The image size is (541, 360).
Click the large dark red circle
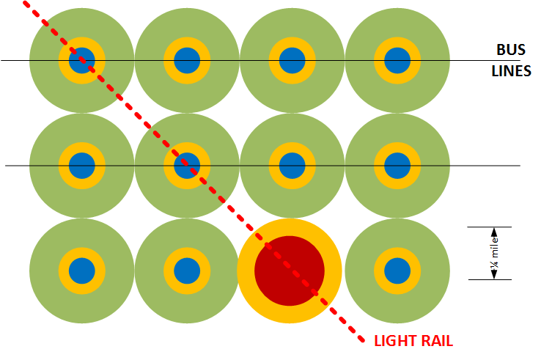[x=290, y=271]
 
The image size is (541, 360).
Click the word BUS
[x=511, y=50]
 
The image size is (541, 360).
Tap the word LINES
[x=511, y=71]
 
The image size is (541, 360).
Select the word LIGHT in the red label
[x=394, y=341]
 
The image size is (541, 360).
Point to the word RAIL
[x=435, y=341]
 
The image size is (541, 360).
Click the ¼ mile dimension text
[x=495, y=253]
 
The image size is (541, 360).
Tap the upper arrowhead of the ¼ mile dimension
[x=494, y=232]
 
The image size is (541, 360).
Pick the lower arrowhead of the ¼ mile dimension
[x=494, y=274]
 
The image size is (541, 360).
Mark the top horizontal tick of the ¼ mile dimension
[x=489, y=227]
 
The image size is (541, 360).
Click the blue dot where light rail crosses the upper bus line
[x=82, y=60]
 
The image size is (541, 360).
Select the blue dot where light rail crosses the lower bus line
[x=187, y=166]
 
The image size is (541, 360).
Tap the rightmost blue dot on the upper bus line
[x=397, y=60]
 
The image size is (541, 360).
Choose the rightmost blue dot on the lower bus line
[x=397, y=166]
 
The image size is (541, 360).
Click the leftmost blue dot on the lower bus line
[x=82, y=166]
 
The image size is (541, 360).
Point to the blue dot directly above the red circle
[x=292, y=166]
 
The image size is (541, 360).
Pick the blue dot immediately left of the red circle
[x=187, y=271]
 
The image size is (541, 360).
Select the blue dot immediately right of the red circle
[x=397, y=271]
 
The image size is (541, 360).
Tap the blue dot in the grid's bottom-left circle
[x=82, y=271]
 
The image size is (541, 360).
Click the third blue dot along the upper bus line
[x=292, y=60]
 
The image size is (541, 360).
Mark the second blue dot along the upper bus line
[x=187, y=60]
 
